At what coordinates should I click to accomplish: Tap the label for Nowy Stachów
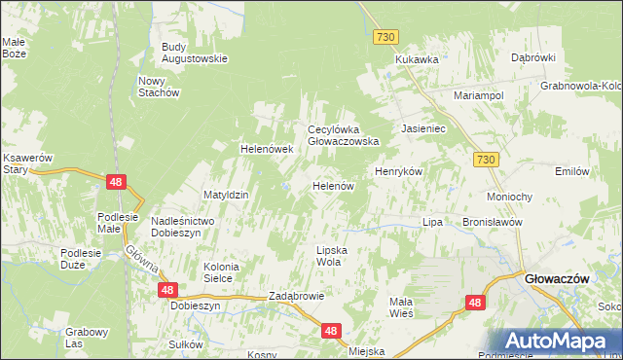[160, 87]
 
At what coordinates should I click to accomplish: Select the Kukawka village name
[417, 59]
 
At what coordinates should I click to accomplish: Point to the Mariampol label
[477, 96]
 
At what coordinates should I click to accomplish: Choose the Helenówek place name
[267, 149]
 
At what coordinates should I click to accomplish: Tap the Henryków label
[398, 171]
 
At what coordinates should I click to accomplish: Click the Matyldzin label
[226, 195]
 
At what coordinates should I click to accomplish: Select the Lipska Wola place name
[330, 256]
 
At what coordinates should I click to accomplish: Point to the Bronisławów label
[494, 222]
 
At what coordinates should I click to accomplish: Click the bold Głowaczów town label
[558, 278]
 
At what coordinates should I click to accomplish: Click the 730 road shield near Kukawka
[386, 36]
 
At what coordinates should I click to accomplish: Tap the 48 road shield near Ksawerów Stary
[116, 181]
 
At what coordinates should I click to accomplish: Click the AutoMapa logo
[559, 342]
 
